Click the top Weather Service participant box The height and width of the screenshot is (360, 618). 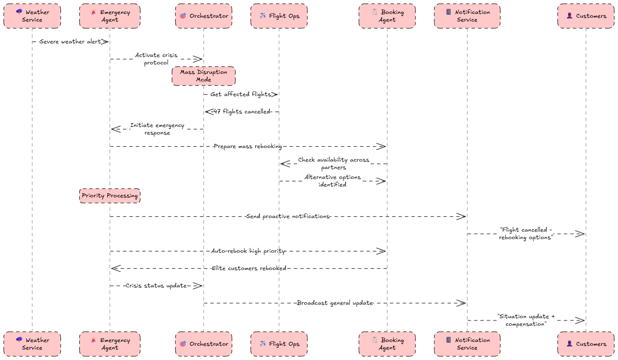point(32,16)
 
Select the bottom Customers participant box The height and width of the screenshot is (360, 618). point(586,344)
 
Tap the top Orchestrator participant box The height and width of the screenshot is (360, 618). point(203,16)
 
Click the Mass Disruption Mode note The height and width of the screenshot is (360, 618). point(203,76)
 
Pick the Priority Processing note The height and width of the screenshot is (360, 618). point(110,195)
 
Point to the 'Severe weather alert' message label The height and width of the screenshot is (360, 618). point(70,41)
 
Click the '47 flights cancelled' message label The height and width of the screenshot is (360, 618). point(242,111)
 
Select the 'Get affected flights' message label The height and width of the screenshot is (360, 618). point(241,94)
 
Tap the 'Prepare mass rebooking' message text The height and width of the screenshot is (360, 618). point(248,146)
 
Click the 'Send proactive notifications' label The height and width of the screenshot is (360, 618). point(288,216)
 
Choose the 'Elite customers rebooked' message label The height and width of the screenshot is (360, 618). point(249,268)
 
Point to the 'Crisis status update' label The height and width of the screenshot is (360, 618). point(156,285)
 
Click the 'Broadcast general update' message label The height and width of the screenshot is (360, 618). point(335,303)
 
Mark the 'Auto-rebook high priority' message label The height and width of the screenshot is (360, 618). point(248,251)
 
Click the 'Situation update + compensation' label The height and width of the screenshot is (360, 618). point(526,320)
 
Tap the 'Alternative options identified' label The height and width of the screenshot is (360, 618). point(332,181)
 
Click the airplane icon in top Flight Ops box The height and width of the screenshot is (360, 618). point(263,15)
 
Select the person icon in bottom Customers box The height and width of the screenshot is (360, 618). point(569,343)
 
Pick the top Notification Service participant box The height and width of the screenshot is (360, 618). point(467,16)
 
